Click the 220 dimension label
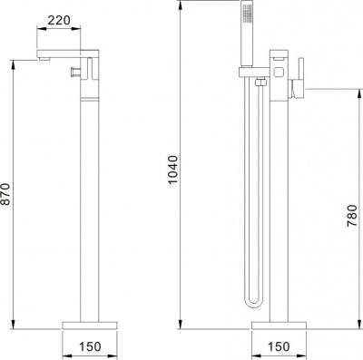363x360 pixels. click(59, 20)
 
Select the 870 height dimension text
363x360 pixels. click(5, 194)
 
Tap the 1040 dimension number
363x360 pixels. click(173, 170)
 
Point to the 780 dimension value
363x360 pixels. click(352, 216)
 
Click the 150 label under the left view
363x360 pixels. click(90, 346)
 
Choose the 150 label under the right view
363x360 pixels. click(279, 346)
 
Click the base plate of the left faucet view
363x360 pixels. click(90, 326)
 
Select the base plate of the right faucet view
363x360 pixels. click(279, 326)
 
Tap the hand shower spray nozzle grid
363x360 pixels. click(248, 14)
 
